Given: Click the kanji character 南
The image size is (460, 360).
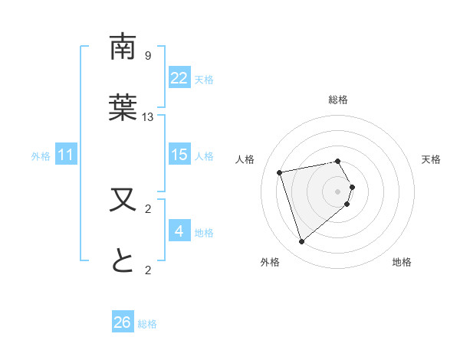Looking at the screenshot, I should pyautogui.click(x=123, y=47).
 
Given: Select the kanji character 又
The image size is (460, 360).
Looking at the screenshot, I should pyautogui.click(x=123, y=200).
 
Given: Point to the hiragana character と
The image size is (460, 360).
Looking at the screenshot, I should pyautogui.click(x=123, y=261).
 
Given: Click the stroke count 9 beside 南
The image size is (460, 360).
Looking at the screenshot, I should pyautogui.click(x=148, y=55).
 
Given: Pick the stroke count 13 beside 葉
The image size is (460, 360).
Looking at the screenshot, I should pyautogui.click(x=148, y=116).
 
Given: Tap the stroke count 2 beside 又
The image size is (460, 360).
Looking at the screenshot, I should pyautogui.click(x=148, y=208).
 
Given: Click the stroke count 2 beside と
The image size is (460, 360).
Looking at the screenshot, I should pyautogui.click(x=148, y=270).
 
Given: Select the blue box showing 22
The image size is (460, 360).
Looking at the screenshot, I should pyautogui.click(x=179, y=78).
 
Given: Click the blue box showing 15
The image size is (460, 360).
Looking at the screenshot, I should pyautogui.click(x=179, y=155).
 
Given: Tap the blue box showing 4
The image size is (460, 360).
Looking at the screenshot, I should pyautogui.click(x=179, y=231).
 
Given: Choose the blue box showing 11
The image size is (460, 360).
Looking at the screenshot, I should pyautogui.click(x=66, y=155).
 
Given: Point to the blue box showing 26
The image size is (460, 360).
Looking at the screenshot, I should pyautogui.click(x=122, y=322).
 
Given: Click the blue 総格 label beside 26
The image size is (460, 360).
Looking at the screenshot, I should pyautogui.click(x=147, y=324).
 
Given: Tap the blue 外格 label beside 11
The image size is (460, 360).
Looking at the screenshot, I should pyautogui.click(x=41, y=156).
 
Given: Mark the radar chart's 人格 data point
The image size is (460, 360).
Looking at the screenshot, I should pyautogui.click(x=280, y=172).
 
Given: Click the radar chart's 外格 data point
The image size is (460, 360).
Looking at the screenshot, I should pyautogui.click(x=301, y=242).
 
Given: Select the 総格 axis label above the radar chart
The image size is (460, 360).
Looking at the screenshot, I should pyautogui.click(x=338, y=100).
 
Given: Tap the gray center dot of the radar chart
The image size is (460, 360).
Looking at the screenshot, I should pyautogui.click(x=338, y=190).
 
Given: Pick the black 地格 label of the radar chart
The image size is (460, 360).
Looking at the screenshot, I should pyautogui.click(x=402, y=262).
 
